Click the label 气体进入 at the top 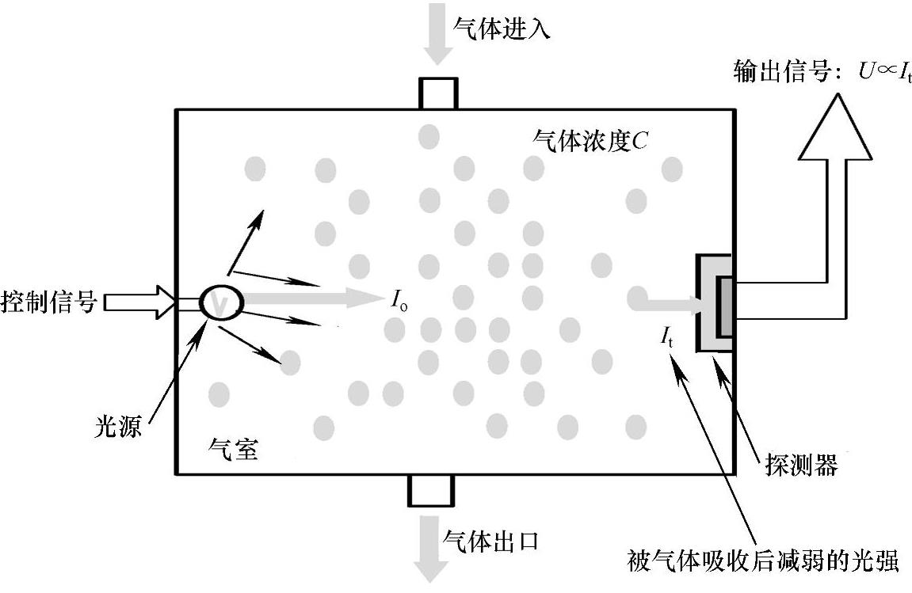click(x=501, y=29)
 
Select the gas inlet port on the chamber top click(x=437, y=93)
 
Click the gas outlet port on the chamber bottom click(x=430, y=490)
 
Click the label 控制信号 click(x=49, y=302)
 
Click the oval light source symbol click(x=221, y=302)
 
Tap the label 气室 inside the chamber click(x=232, y=450)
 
